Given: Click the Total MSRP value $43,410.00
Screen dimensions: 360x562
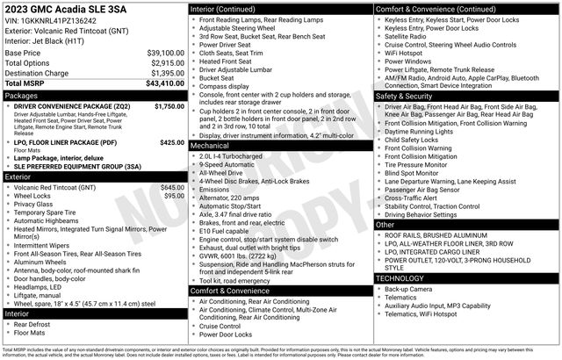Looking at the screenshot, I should click(x=162, y=83).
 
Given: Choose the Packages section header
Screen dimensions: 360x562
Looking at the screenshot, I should click(x=22, y=95).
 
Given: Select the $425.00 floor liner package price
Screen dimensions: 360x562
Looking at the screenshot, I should click(x=172, y=141).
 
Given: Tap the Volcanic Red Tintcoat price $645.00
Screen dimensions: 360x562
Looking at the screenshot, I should click(x=172, y=187).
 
